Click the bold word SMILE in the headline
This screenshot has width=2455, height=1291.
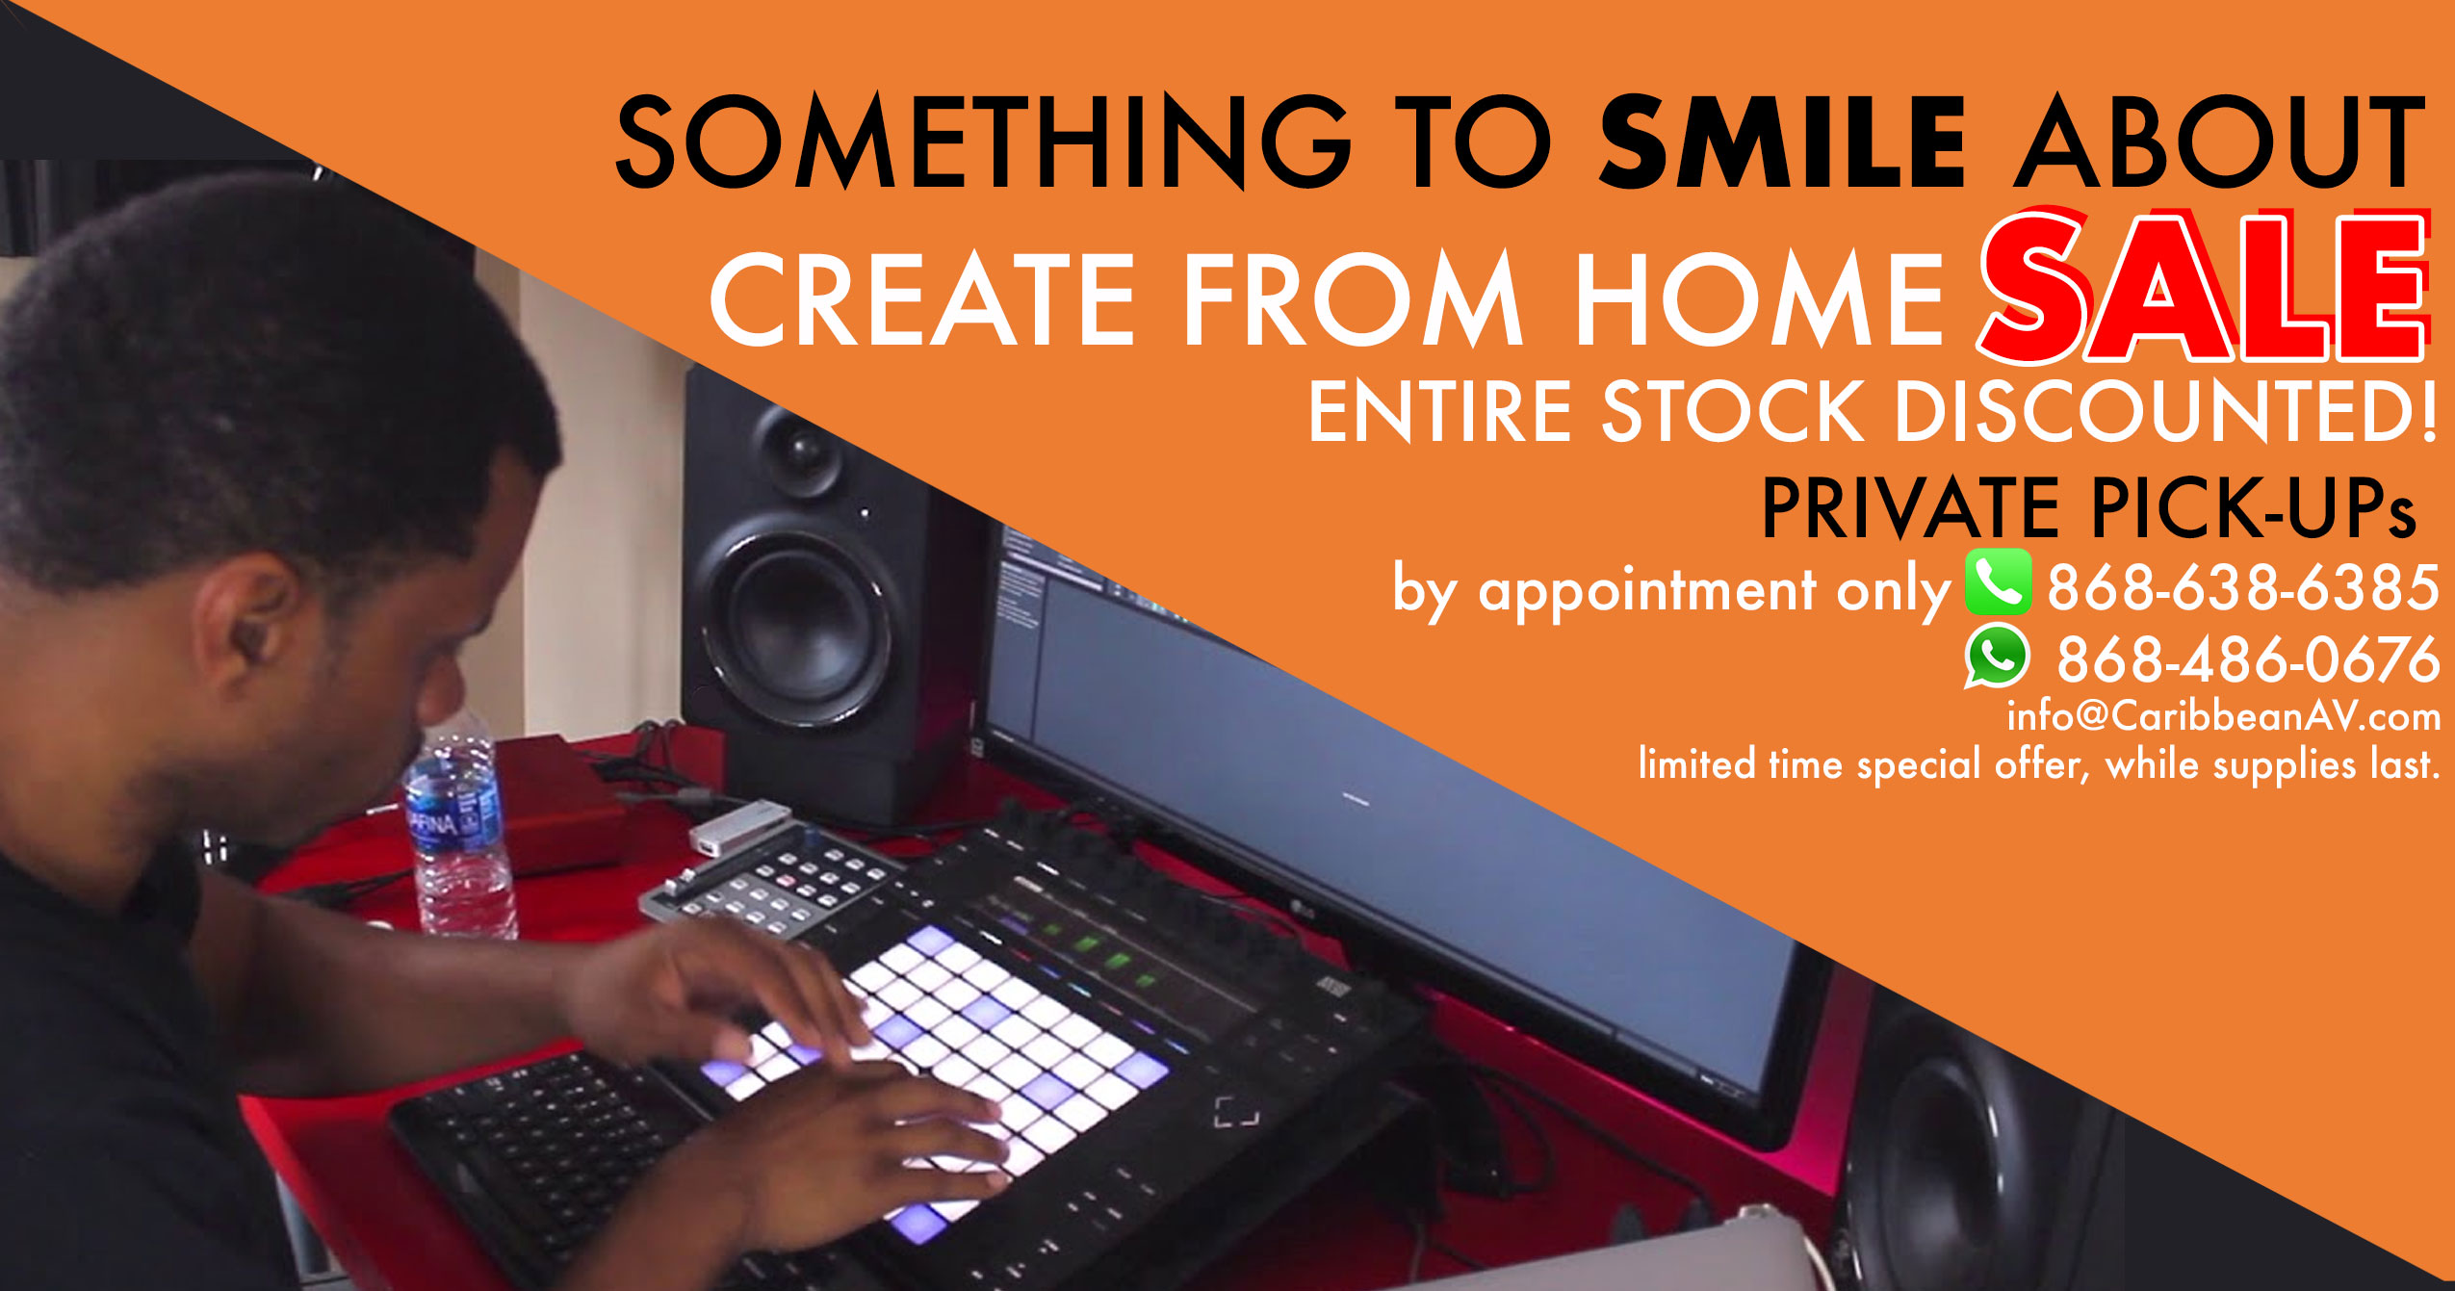[1781, 142]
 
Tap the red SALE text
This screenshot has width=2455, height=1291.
[2205, 286]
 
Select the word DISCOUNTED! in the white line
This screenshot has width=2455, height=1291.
[2166, 411]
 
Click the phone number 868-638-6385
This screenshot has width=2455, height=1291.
[2243, 587]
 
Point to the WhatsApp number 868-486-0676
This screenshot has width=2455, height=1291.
[2248, 659]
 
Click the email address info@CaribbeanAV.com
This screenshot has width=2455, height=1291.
[2224, 716]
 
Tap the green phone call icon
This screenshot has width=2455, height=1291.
[1999, 582]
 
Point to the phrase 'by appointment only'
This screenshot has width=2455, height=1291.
[1671, 589]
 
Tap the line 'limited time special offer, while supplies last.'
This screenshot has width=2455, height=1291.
[2039, 765]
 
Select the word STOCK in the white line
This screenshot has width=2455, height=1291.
[1732, 411]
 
